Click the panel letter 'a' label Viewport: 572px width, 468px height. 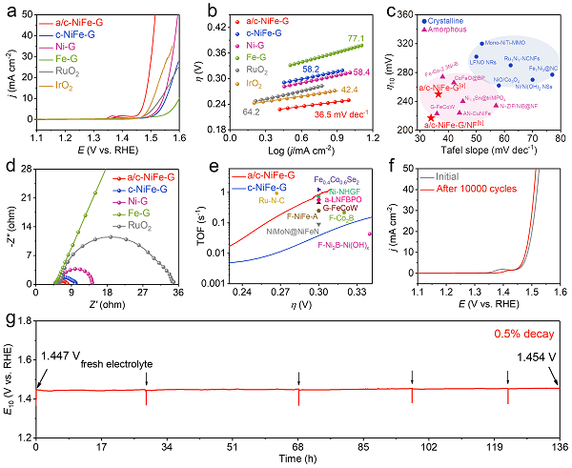[9, 10]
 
